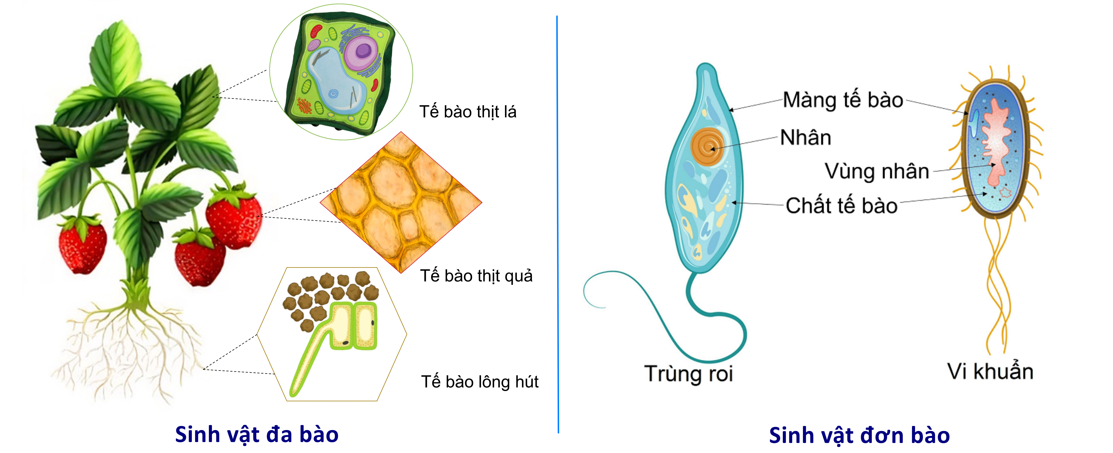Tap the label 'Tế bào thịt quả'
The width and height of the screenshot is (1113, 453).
(476, 276)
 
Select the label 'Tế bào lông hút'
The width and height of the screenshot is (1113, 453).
(480, 382)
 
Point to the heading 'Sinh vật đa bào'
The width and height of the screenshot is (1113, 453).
(257, 434)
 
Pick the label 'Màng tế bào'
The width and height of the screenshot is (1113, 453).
(843, 100)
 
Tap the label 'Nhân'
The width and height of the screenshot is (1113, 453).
(805, 137)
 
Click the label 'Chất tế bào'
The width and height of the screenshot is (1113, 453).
(841, 206)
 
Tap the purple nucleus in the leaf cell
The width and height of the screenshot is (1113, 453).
(362, 52)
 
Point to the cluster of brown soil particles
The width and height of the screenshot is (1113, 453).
(328, 296)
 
